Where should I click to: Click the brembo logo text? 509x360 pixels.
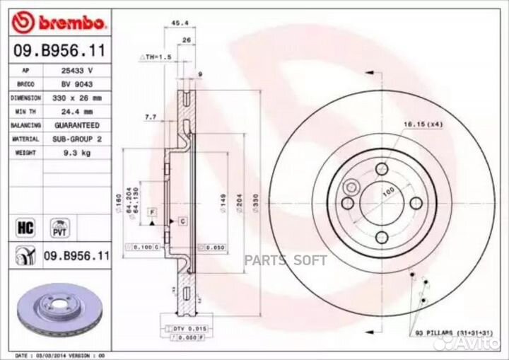(x=70, y=23)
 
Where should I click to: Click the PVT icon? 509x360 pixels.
(x=59, y=227)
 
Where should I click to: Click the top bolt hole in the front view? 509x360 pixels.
(x=382, y=168)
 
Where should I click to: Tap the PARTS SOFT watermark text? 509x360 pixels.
(x=286, y=260)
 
